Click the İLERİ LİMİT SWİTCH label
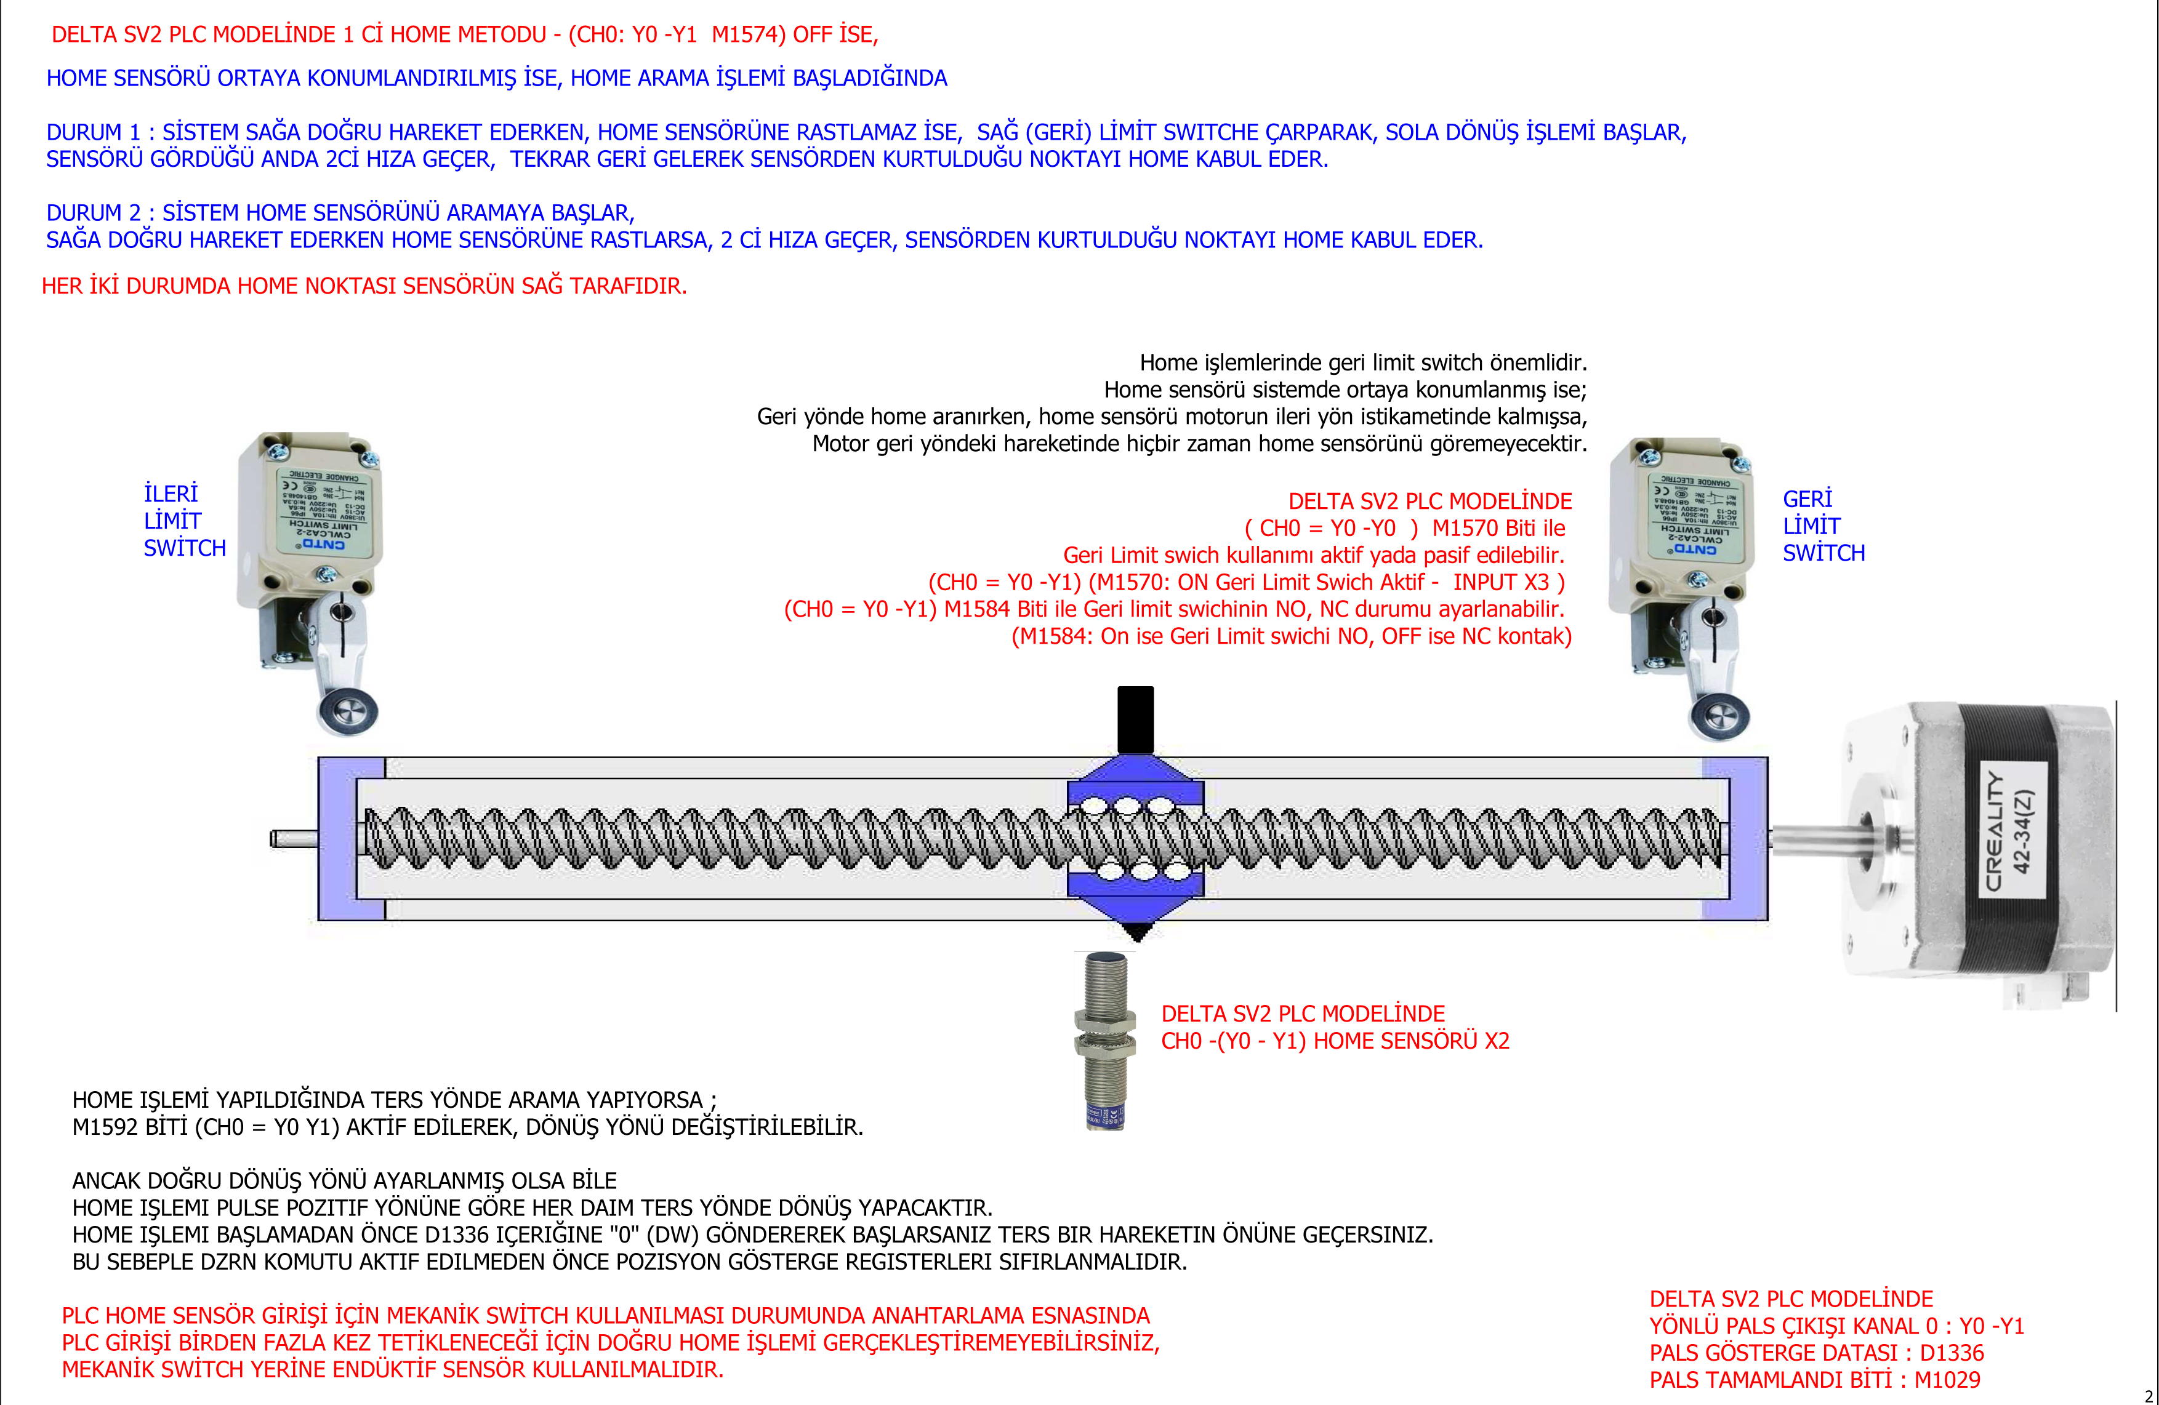click(184, 521)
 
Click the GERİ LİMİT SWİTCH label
click(1823, 526)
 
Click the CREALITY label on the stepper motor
click(1994, 830)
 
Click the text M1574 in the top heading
click(745, 35)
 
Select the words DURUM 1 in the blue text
click(94, 132)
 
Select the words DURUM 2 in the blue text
click(94, 213)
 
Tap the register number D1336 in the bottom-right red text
click(1952, 1353)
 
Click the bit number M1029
click(1948, 1380)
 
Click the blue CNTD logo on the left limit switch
click(324, 544)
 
